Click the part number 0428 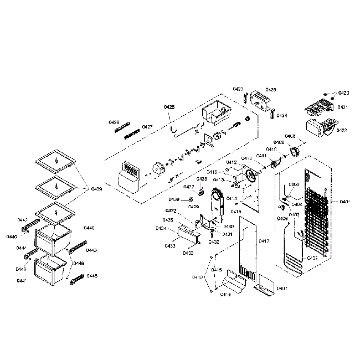point(169,106)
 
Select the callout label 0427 point(147,127)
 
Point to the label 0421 point(343,107)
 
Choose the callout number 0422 point(342,130)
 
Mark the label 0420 point(343,92)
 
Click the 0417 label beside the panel point(264,241)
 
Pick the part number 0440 point(89,228)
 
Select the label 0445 point(92,276)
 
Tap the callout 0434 point(161,228)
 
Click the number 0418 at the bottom point(225,295)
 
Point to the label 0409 point(279,142)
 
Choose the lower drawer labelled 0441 point(50,271)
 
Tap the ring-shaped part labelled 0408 point(294,150)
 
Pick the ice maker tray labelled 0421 point(318,106)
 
